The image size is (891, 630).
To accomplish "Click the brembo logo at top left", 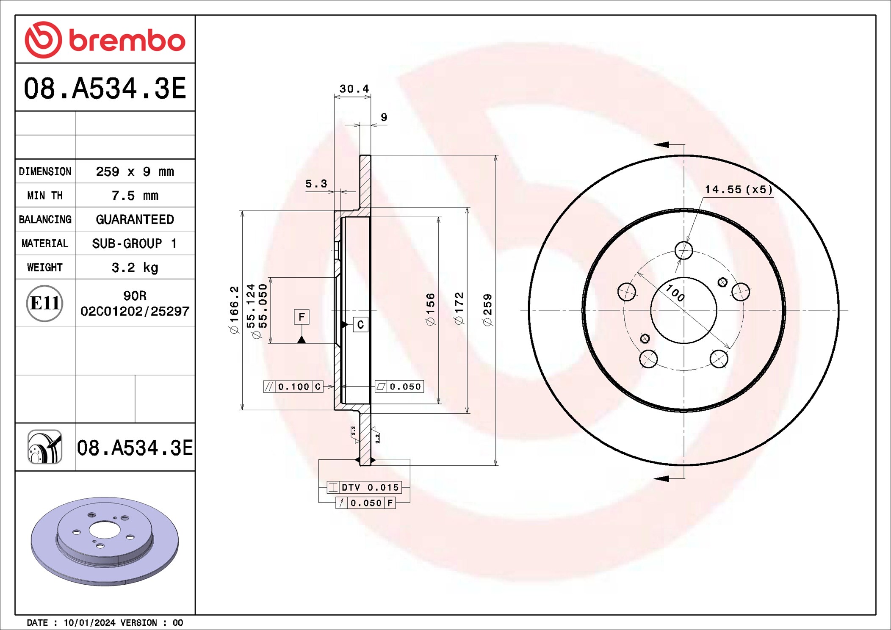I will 105,40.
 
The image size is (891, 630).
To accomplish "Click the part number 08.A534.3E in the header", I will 105,88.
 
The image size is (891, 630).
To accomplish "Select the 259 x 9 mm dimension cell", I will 135,171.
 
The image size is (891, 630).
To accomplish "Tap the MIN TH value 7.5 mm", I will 135,196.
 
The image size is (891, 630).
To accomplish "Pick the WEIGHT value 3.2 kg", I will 135,268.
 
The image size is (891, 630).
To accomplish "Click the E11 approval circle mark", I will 44,303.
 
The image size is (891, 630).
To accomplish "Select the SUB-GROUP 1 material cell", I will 135,243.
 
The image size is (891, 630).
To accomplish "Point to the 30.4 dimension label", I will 354,89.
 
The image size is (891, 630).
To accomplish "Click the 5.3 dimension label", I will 316,184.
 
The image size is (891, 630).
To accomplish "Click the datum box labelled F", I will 302,317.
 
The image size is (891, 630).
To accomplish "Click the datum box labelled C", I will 360,325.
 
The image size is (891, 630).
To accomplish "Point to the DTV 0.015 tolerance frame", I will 364,487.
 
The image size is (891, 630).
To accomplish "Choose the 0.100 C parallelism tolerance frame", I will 293,387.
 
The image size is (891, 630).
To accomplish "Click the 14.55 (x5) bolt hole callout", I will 738,190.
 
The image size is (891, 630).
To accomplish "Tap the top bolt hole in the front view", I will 683,250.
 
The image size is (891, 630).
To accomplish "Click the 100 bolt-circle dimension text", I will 675,293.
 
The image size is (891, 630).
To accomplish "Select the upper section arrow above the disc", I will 662,145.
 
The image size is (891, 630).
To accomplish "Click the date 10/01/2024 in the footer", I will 89,622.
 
